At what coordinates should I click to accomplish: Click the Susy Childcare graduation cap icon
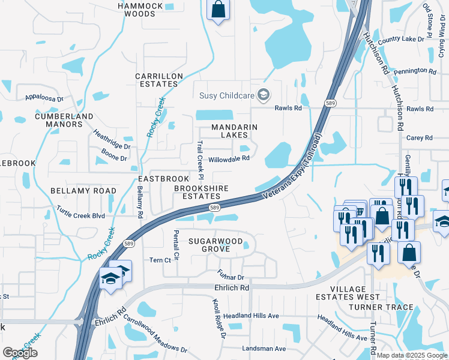tap(263, 95)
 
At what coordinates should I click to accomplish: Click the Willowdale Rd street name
tap(229, 159)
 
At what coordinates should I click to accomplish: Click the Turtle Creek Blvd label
tap(80, 211)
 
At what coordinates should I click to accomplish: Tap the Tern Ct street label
tap(160, 260)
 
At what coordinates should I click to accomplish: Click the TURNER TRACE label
tap(382, 307)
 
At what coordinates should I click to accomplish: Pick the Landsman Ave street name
tap(263, 349)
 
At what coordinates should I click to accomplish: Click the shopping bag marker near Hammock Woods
tap(218, 10)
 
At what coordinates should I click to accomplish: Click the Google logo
tap(20, 353)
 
